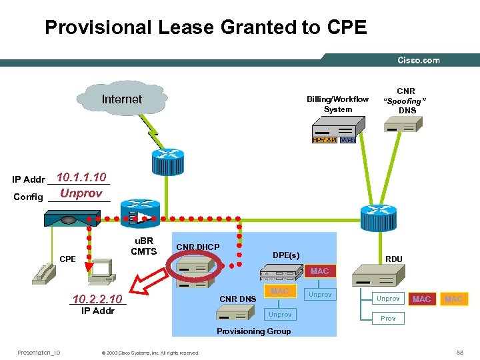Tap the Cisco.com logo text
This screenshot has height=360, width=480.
coord(419,60)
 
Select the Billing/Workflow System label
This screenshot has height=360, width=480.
coord(337,104)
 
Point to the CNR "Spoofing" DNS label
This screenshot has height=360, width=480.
coord(405,100)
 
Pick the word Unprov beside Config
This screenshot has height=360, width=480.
coord(81,194)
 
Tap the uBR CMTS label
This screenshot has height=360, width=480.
coord(143,246)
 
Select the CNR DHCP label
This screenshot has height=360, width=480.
coord(197,247)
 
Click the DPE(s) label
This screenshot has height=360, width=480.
coord(286,255)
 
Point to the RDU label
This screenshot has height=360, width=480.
coord(395,259)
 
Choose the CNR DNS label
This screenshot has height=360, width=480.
coord(237,299)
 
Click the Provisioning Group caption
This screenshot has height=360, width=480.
coord(253,331)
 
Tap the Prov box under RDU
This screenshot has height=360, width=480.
coord(388,319)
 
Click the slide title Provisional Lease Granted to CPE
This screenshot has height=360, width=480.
coord(205,27)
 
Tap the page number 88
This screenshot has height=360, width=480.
coord(459,353)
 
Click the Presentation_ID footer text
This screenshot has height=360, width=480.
coord(39,353)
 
